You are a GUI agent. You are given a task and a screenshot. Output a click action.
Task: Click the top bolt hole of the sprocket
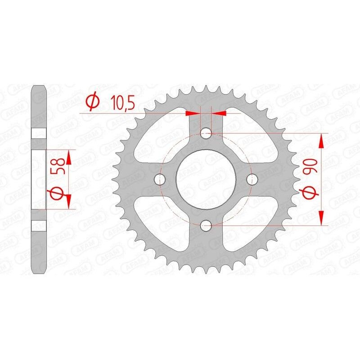coord(206,133)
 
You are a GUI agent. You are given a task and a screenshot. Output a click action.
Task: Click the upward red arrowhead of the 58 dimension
coord(68,157)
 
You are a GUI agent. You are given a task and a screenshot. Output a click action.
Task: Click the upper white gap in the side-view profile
coord(39,133)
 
